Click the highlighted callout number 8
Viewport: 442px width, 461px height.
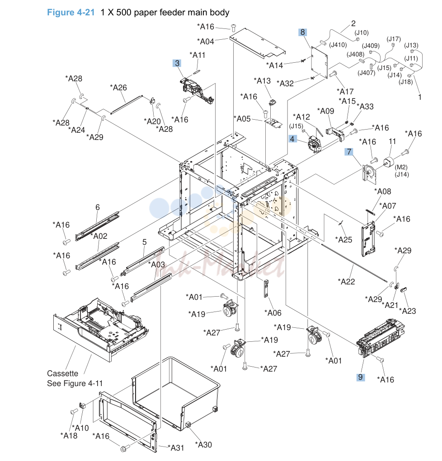(x=302, y=32)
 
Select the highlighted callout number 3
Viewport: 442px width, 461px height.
(x=177, y=63)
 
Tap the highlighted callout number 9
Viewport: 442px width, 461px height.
(x=361, y=377)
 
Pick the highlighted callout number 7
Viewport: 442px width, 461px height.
(x=349, y=152)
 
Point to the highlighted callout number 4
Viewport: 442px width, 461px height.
(x=292, y=139)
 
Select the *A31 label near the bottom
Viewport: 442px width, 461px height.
(x=176, y=448)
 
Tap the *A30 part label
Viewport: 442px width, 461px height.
(x=203, y=445)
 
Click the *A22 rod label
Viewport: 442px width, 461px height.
(x=346, y=282)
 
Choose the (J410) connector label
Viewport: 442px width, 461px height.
(x=338, y=45)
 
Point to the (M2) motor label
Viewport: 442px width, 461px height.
(x=401, y=168)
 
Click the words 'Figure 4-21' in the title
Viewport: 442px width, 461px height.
(x=71, y=12)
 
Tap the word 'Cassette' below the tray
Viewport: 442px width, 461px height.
(x=63, y=373)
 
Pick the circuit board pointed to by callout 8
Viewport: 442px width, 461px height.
(x=319, y=62)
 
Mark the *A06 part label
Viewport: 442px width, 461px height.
(x=273, y=313)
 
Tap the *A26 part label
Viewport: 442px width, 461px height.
(x=118, y=87)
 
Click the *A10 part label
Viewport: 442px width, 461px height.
(x=80, y=428)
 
